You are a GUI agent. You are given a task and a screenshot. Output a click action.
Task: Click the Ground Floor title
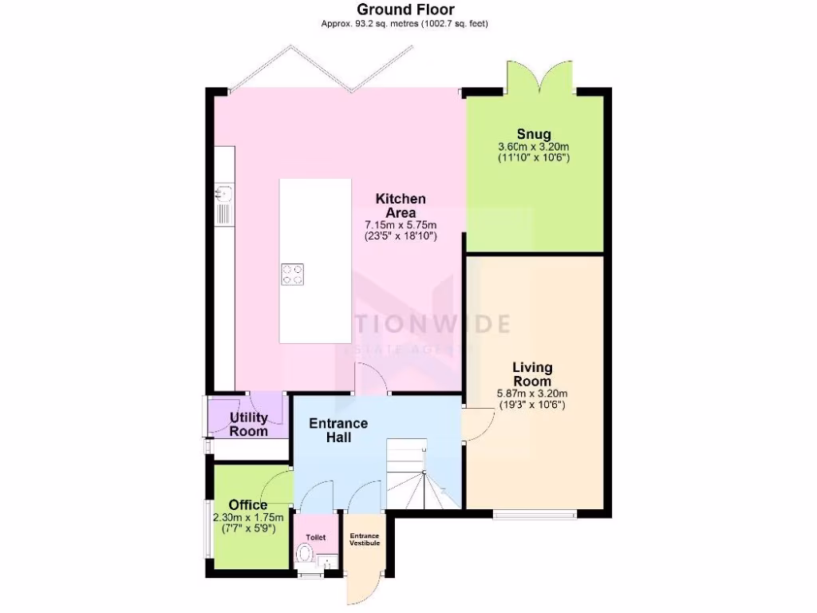(x=405, y=10)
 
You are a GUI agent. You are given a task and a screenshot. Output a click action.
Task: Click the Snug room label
(x=534, y=134)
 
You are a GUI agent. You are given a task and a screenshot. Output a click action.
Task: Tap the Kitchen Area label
(x=401, y=205)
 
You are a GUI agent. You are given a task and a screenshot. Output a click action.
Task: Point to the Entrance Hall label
(x=338, y=430)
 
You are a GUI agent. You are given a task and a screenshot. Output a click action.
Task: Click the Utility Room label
(x=248, y=424)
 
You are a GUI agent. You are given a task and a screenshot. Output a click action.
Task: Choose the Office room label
(x=248, y=505)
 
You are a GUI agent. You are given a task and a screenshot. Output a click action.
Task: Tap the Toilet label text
(x=316, y=537)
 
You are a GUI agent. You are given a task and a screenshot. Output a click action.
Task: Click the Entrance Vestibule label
(x=364, y=539)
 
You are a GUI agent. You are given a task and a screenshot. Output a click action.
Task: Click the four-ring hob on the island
(x=292, y=274)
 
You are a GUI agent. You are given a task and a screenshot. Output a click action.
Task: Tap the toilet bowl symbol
(x=304, y=553)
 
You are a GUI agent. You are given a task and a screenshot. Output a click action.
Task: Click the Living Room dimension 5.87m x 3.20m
(x=532, y=394)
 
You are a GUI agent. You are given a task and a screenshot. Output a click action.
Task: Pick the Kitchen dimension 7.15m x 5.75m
(x=401, y=226)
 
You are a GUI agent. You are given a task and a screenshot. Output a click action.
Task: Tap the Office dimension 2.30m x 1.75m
(x=244, y=517)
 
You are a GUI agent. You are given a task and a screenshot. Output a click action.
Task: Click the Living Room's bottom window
(x=533, y=513)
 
